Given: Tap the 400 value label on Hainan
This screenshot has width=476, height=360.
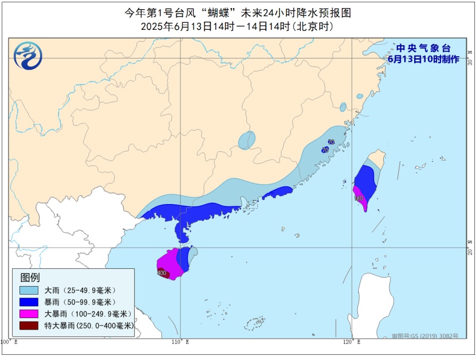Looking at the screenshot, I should click(162, 273).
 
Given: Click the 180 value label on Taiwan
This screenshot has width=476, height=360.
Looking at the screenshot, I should click(359, 198).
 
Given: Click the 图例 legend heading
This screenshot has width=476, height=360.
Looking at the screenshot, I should click(30, 278).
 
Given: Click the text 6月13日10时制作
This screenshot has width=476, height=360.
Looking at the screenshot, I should click(423, 58).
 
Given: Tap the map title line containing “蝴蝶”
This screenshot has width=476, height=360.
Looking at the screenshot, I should click(237, 12).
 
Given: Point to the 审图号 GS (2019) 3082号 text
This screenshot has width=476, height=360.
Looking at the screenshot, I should click(425, 336).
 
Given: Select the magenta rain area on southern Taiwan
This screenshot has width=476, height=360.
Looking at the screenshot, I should click(360, 195).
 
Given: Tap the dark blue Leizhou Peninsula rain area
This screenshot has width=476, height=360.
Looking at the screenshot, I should click(183, 229).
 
